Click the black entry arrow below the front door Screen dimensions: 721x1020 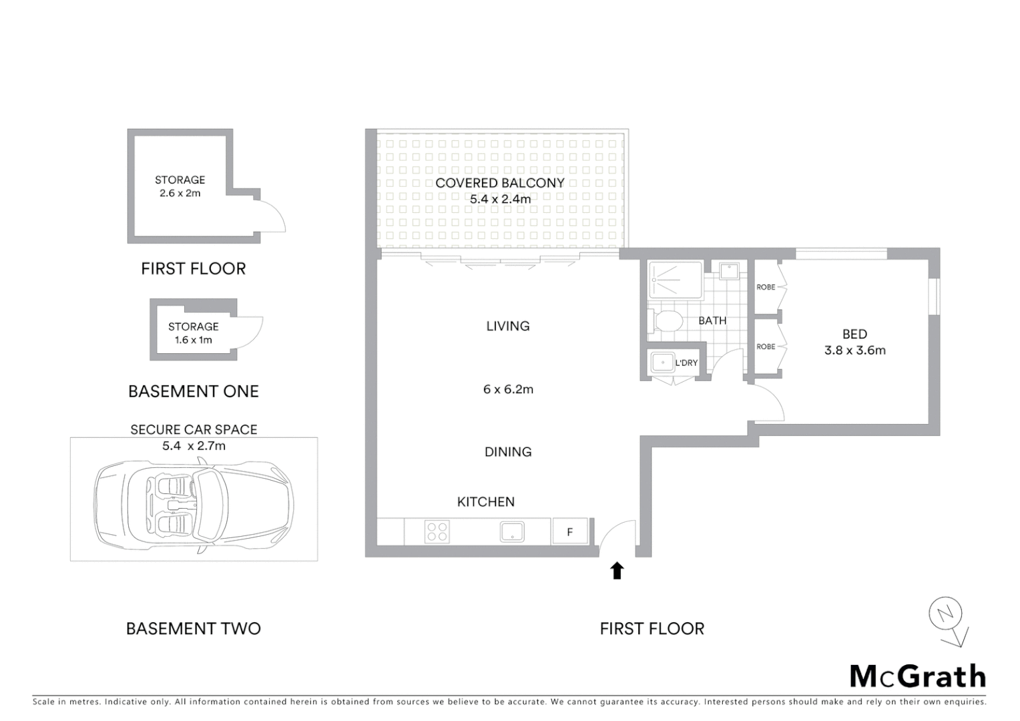(617, 571)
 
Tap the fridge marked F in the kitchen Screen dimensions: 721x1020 (570, 532)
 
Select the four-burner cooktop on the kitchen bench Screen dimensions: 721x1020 (437, 532)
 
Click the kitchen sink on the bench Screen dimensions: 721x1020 (512, 532)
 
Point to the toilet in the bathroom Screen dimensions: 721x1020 (666, 320)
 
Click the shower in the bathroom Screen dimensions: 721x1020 (675, 280)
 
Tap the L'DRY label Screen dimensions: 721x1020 (686, 363)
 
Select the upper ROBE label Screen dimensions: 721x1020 (766, 287)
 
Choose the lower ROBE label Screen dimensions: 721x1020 (766, 346)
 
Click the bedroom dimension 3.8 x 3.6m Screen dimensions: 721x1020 (854, 350)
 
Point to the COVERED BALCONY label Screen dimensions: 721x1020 (500, 183)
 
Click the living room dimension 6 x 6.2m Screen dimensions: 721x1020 (508, 389)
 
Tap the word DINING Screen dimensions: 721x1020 (508, 452)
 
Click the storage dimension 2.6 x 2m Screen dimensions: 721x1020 (180, 194)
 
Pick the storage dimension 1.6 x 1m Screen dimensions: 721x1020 (193, 340)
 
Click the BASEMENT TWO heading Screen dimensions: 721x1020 (193, 628)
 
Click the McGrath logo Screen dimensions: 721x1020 (917, 676)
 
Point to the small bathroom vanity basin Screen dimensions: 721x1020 (728, 270)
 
